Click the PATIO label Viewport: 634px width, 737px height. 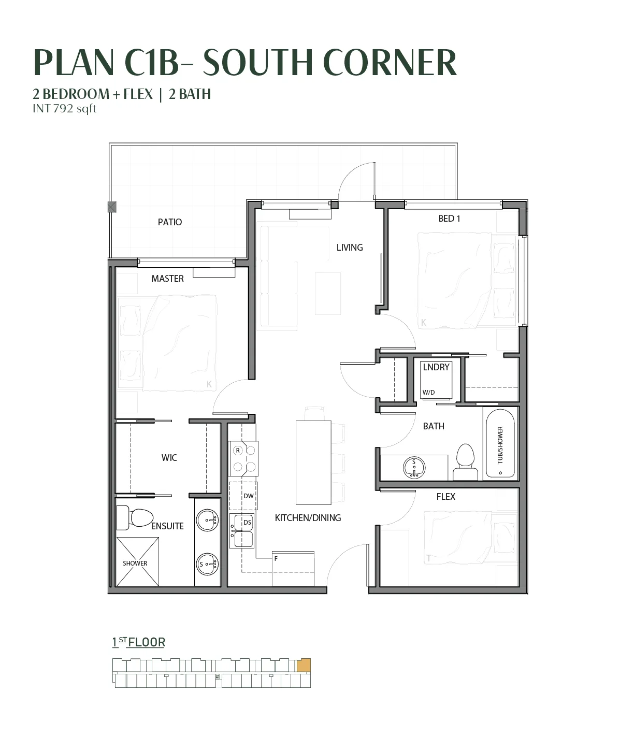coord(170,222)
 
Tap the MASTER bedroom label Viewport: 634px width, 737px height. coord(168,279)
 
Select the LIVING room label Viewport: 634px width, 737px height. coord(350,248)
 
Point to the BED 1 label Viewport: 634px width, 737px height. coord(449,219)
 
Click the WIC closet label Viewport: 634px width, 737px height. coord(169,458)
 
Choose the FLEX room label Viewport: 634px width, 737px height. coord(446,496)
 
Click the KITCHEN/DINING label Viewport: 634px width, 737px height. coord(308,518)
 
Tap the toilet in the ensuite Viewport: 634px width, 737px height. coord(135,518)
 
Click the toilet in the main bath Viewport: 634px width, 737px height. coord(465,462)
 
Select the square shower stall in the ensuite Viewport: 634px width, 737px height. coord(138,561)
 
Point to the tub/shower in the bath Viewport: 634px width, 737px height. coord(500,443)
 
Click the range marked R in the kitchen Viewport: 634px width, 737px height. coord(243,458)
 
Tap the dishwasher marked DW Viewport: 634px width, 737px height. coord(243,496)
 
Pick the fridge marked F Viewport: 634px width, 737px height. coord(293,569)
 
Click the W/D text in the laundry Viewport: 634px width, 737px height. coord(428,393)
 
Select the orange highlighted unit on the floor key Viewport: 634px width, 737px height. coord(304,666)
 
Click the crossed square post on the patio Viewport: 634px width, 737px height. coord(112,207)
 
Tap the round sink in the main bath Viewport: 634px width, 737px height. coord(414,468)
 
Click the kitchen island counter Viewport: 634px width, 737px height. coord(313,463)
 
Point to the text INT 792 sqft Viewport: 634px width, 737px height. coord(65,108)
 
